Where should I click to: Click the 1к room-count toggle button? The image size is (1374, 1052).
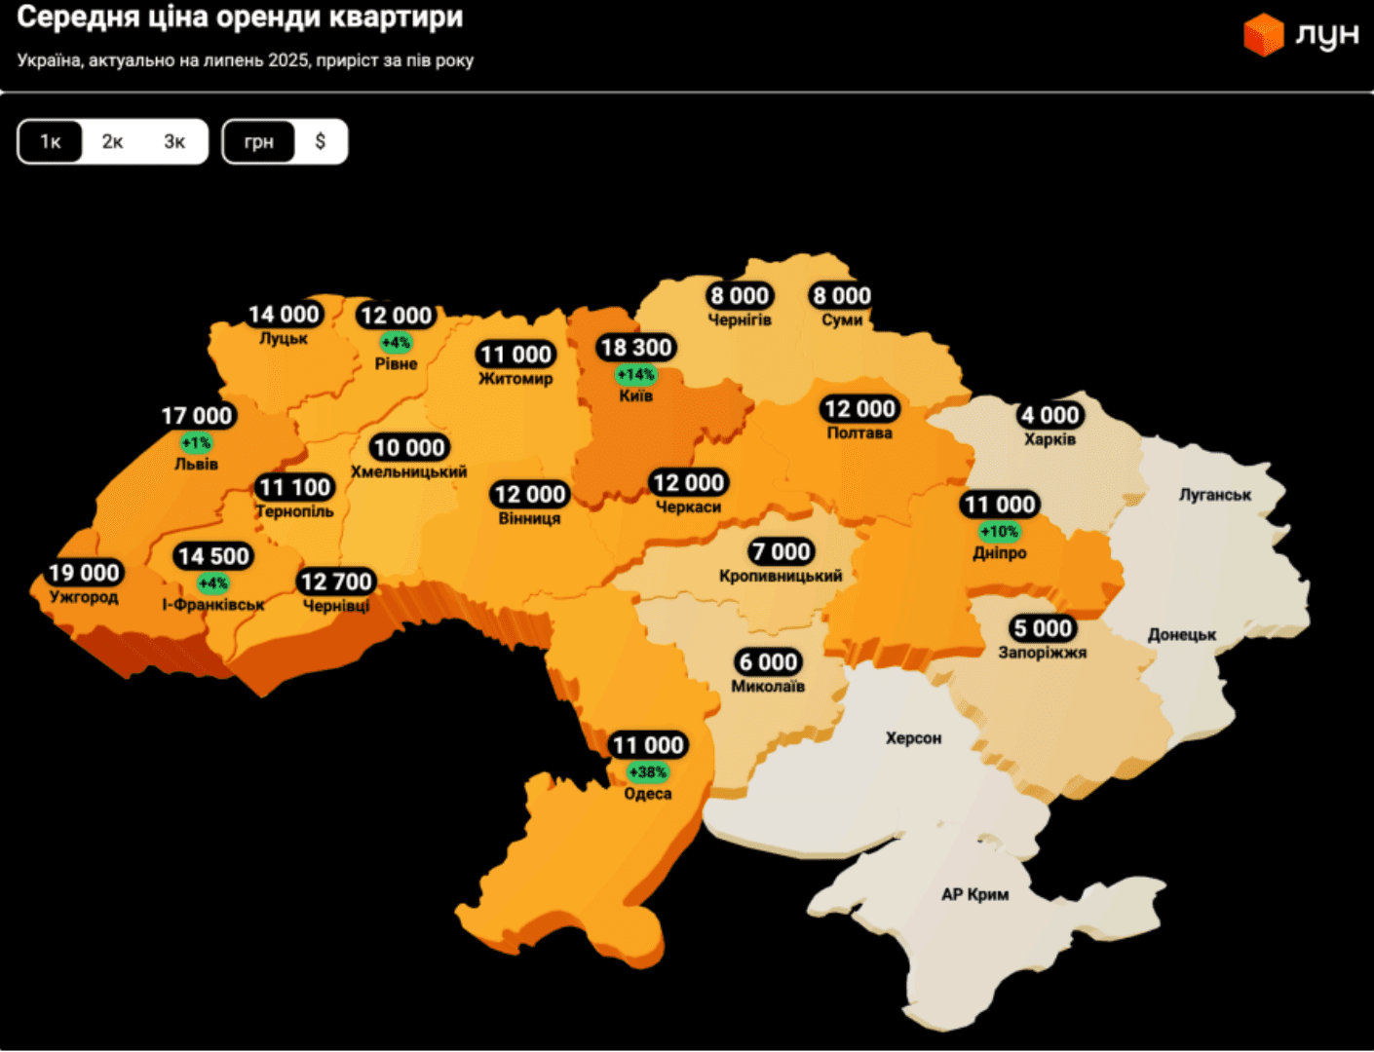[51, 142]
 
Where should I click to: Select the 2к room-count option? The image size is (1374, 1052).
[113, 142]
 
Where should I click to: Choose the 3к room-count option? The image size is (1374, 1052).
[174, 142]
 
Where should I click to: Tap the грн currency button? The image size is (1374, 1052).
[259, 142]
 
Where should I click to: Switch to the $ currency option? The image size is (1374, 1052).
[321, 142]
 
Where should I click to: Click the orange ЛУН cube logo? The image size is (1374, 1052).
[1264, 35]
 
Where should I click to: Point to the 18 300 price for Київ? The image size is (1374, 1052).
[636, 348]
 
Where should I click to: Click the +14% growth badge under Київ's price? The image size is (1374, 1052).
[635, 375]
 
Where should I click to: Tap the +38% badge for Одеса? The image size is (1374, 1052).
[648, 772]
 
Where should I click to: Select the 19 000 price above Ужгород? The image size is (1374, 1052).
[85, 573]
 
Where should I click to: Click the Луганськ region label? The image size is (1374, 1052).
[1214, 495]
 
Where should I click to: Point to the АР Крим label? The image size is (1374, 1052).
[974, 894]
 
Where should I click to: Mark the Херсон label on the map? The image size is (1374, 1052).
[913, 738]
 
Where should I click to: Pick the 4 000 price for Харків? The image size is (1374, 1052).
[1050, 416]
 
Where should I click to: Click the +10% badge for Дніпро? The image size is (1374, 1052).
[1000, 532]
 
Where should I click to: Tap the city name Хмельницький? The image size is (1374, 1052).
[408, 472]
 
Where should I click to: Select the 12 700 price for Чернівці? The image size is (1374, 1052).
[336, 582]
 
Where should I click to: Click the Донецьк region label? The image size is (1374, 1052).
[1181, 635]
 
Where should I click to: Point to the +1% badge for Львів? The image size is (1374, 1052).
[197, 443]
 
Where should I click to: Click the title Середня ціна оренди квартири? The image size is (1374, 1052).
[240, 18]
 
